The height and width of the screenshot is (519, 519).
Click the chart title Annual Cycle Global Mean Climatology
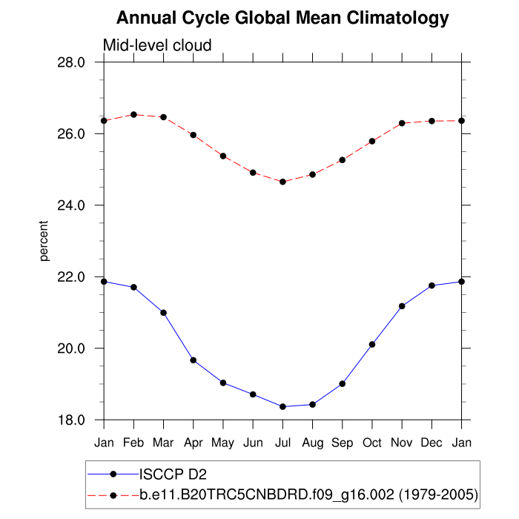[282, 18]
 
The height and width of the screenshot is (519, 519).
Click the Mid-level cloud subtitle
[157, 45]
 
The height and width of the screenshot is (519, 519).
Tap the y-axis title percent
[44, 241]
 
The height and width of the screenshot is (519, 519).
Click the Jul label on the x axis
[282, 443]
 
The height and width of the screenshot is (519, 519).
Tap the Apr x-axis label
[194, 443]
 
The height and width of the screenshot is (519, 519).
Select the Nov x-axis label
[402, 443]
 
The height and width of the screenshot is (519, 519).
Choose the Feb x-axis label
[133, 443]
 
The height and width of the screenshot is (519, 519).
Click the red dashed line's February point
[133, 115]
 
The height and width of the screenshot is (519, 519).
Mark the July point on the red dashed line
[282, 182]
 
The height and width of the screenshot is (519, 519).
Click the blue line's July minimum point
[282, 406]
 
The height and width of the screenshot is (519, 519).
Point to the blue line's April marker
[194, 360]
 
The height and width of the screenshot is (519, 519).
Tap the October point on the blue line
[372, 344]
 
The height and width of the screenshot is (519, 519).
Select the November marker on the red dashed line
[402, 123]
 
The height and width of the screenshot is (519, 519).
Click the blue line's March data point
[163, 313]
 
